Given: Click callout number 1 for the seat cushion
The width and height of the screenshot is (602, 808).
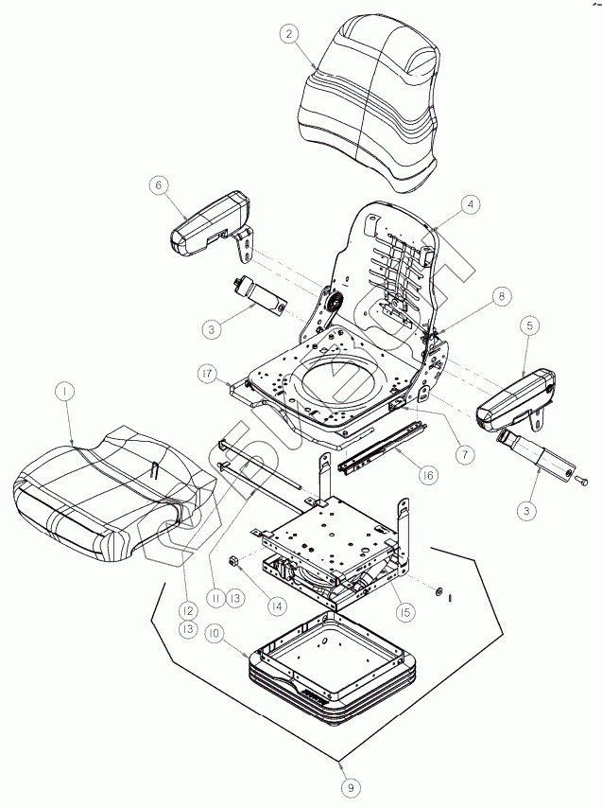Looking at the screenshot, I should (x=63, y=390).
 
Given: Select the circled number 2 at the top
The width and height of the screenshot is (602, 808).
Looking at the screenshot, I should (x=290, y=35).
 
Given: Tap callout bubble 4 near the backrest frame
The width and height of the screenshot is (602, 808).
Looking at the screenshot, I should (x=470, y=203).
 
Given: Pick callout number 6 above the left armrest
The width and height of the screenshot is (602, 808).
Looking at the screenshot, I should (x=158, y=185).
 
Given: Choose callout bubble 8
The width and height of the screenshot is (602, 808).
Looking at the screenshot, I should (x=500, y=296).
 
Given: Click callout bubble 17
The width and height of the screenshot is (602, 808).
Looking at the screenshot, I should (x=209, y=374).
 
